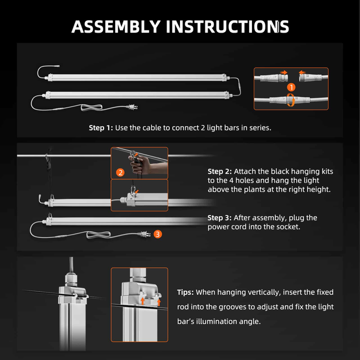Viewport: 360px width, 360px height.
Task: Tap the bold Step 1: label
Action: point(101,128)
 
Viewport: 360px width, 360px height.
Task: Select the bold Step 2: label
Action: point(219,171)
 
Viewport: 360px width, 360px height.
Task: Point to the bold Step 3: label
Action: point(219,218)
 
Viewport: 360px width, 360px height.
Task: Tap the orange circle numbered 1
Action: point(291,87)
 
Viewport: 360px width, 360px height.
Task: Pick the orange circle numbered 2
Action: point(120,172)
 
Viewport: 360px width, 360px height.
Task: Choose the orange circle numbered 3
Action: point(157,233)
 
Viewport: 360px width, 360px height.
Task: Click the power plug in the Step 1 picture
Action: point(133,108)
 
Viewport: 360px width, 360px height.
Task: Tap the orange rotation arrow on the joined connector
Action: point(291,100)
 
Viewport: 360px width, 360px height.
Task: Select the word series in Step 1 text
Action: point(258,128)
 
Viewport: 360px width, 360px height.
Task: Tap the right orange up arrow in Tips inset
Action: point(159,302)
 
